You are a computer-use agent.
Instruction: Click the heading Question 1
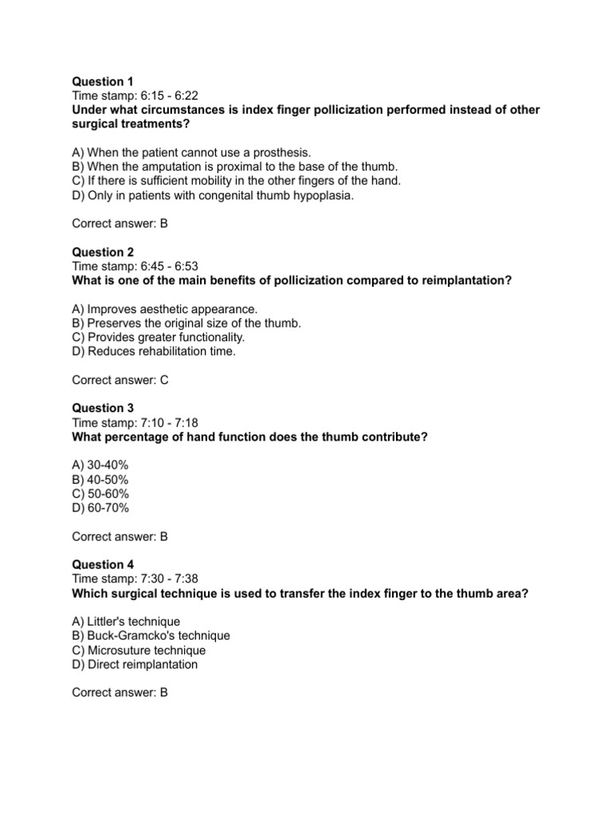(103, 81)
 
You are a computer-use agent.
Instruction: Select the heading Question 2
(103, 252)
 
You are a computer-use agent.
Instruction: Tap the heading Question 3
(103, 408)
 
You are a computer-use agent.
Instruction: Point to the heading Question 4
(103, 564)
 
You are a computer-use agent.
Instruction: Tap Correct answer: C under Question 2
(120, 380)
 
